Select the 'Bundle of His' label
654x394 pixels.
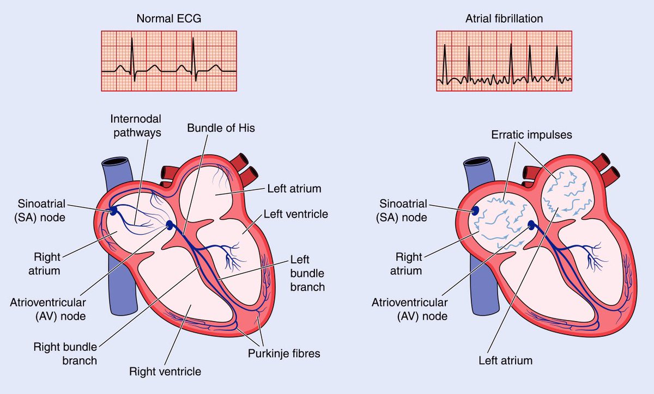tap(221, 128)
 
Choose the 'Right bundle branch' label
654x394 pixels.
tap(65, 353)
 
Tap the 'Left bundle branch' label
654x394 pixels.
tap(308, 274)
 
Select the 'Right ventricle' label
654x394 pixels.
tap(165, 372)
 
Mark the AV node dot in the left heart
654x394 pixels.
tap(171, 225)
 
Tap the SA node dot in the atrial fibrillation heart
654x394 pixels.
tap(475, 210)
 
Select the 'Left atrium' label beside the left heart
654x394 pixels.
tap(294, 189)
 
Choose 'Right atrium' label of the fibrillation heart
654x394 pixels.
tap(409, 263)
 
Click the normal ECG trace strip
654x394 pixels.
tap(169, 60)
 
